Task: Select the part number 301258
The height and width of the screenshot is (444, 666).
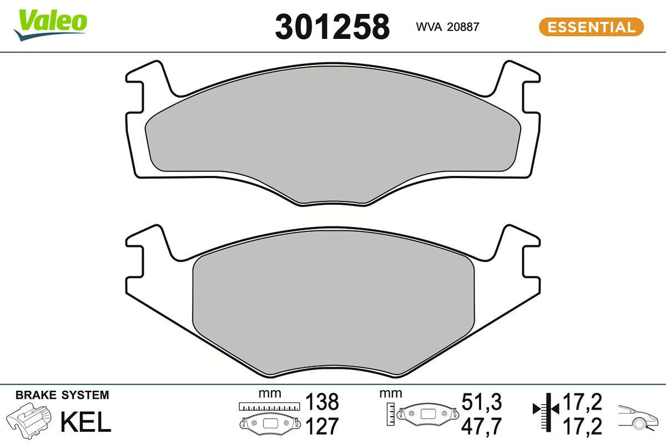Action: pos(332,27)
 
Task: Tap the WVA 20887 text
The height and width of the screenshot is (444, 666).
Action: pos(447,27)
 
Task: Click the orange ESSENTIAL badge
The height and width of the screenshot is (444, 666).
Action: pos(591,27)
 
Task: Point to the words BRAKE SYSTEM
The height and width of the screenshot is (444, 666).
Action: pos(62,396)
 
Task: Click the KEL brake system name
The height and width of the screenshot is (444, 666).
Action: pos(85,422)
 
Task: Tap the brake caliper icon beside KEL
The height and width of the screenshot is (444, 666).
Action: pos(29,422)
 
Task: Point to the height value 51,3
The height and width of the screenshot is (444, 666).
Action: pos(482,401)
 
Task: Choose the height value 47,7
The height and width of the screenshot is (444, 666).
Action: pos(482,426)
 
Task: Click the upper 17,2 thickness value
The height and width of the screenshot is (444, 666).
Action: pos(583,401)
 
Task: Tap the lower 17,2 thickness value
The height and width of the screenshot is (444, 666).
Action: pos(583,426)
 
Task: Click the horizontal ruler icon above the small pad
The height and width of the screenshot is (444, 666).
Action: pos(269,407)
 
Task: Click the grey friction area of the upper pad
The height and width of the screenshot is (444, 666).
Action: pos(333,133)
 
